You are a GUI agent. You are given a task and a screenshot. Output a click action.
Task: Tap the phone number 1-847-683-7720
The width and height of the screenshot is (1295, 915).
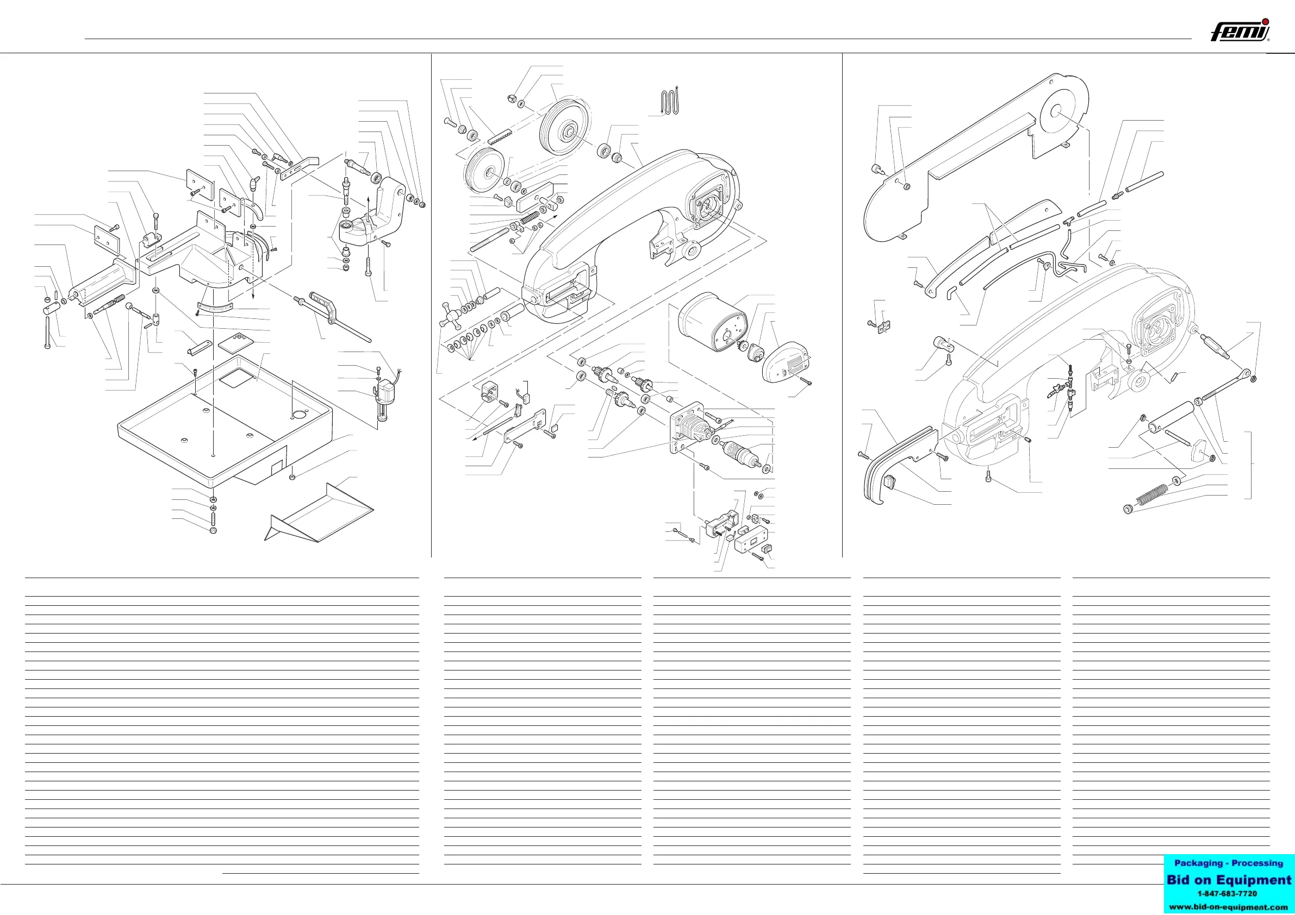[x=1228, y=894]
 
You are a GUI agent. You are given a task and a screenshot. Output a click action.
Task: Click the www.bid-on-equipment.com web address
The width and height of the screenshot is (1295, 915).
[x=1228, y=907]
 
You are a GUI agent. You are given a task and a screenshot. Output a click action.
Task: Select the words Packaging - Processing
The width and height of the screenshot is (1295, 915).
[x=1228, y=863]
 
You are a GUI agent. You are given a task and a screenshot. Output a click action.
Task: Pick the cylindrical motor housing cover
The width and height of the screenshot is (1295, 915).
[x=709, y=322]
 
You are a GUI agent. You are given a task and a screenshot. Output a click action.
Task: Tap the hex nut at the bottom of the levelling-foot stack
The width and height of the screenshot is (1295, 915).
[x=213, y=530]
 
